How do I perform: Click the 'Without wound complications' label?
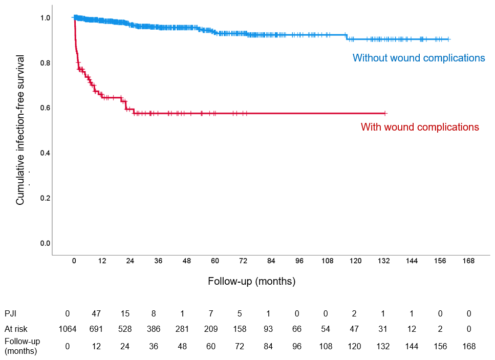point(419,58)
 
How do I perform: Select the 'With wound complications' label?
point(420,127)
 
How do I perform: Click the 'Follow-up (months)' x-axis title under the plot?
point(252,281)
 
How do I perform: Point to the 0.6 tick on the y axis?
point(45,108)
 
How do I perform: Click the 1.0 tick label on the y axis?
point(45,18)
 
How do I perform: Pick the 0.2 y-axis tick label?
point(45,198)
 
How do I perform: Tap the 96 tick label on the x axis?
point(299,261)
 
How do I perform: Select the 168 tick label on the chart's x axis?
point(468,261)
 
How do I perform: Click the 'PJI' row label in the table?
point(10,313)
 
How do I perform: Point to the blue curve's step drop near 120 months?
point(347,37)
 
